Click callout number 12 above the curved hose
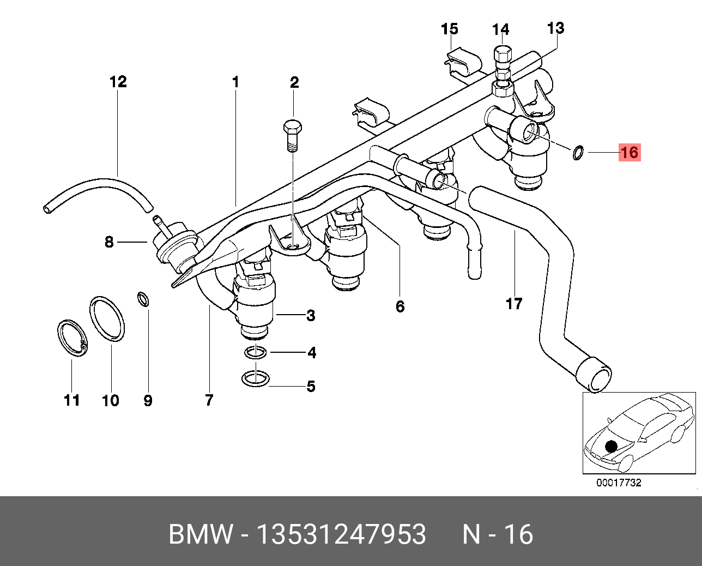pyautogui.click(x=118, y=82)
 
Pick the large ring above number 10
pyautogui.click(x=107, y=318)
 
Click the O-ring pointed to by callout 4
pyautogui.click(x=255, y=353)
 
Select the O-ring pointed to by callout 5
pyautogui.click(x=255, y=378)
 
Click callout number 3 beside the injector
pyautogui.click(x=311, y=315)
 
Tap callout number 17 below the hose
pyautogui.click(x=514, y=303)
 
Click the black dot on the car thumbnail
pyautogui.click(x=611, y=447)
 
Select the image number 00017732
pyautogui.click(x=619, y=483)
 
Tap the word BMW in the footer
pyautogui.click(x=201, y=534)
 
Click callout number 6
pyautogui.click(x=400, y=306)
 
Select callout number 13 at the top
pyautogui.click(x=555, y=28)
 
